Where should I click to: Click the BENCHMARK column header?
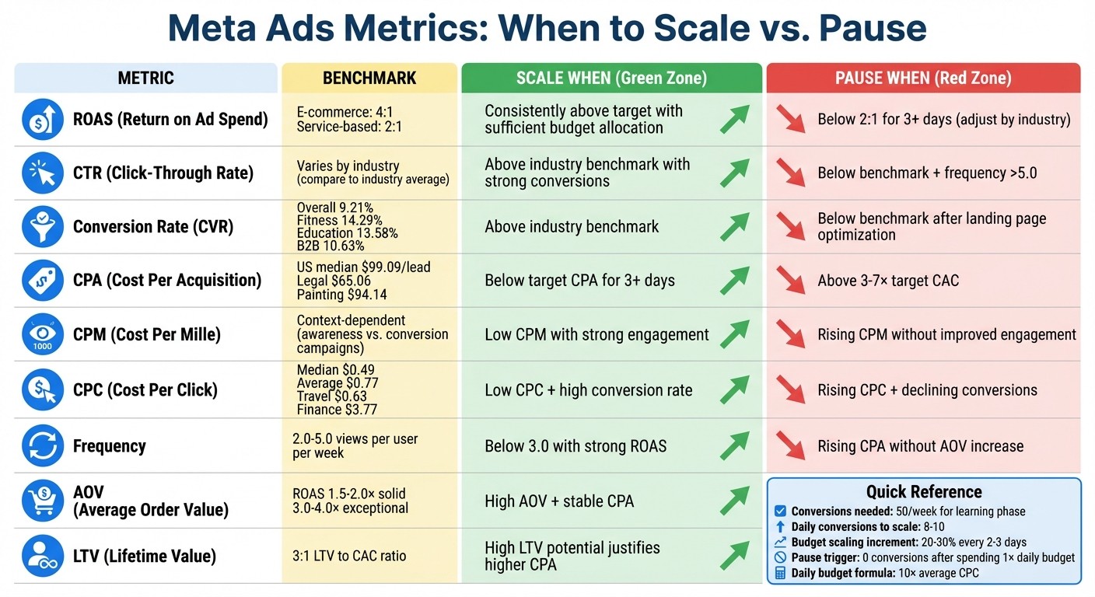point(369,78)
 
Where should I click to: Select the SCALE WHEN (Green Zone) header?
point(611,78)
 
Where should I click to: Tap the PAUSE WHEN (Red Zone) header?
point(923,78)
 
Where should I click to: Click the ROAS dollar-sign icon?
point(43,119)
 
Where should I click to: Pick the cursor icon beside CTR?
point(43,173)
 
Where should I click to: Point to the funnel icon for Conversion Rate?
point(43,226)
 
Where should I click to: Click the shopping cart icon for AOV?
point(43,501)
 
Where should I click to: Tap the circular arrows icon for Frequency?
point(43,446)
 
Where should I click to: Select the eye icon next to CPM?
point(43,334)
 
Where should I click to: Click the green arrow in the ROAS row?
point(734,119)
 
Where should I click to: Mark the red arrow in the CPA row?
point(791,280)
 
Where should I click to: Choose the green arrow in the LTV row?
point(734,556)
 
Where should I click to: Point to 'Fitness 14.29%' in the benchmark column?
point(339,220)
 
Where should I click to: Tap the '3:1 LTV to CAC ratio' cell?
point(349,556)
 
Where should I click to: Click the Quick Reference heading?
point(924,491)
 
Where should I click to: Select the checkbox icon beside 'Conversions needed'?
point(780,511)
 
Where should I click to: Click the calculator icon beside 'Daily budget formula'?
point(780,574)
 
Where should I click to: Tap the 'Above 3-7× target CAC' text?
point(888,281)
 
